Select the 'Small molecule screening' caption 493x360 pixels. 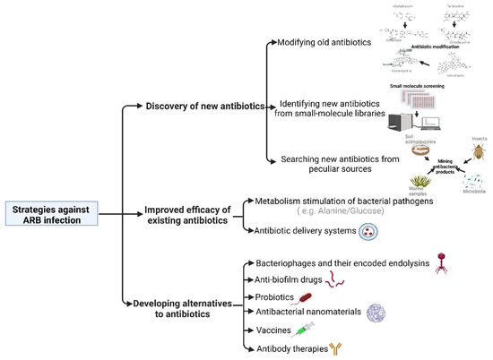coord(417,86)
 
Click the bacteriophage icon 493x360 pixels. coord(441,260)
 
